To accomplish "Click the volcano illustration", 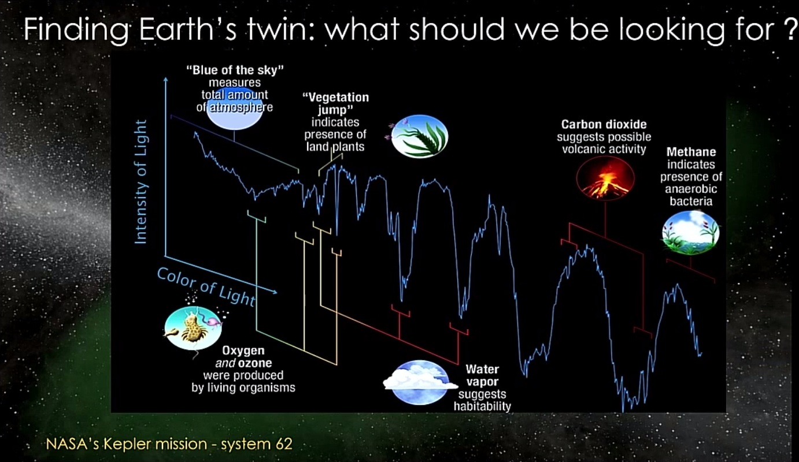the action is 605,178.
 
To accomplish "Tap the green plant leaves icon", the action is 420,136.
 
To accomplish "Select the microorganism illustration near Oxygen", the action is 193,328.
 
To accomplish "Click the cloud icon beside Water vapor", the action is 420,382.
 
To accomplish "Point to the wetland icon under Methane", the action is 690,233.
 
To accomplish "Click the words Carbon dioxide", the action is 604,124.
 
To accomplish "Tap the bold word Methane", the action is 691,152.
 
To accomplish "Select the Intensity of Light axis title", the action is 140,182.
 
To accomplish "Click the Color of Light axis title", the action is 206,287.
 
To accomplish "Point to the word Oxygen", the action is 243,351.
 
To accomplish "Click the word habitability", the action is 482,406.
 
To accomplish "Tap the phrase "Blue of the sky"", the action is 235,70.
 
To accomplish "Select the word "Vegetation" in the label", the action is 336,97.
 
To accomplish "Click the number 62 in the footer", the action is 284,444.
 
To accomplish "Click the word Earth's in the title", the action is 188,29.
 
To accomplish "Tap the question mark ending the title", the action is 792,29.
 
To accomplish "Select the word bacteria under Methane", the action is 691,201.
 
